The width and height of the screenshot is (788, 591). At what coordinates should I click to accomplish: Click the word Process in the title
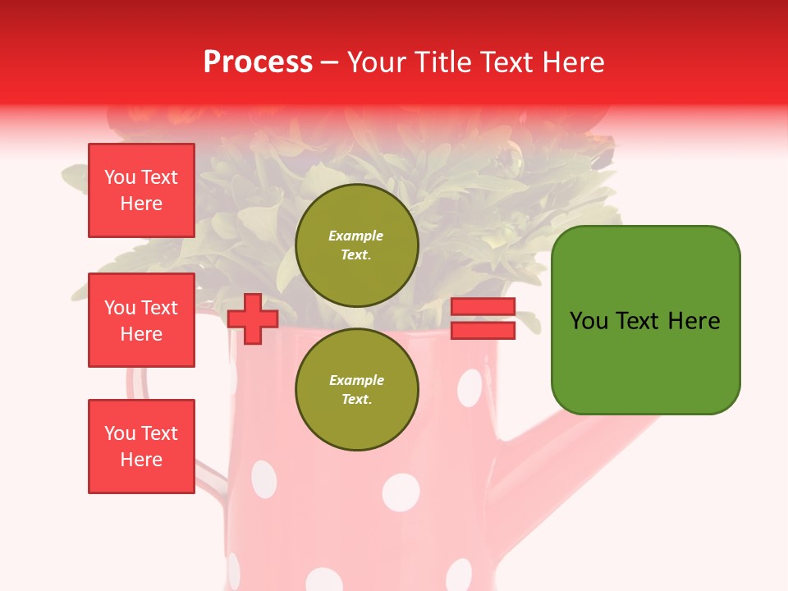258,62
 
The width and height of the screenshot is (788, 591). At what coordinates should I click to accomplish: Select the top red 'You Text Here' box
141,190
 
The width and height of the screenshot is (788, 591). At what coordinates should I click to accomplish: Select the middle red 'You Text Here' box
141,320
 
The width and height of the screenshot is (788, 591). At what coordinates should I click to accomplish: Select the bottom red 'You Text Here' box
141,447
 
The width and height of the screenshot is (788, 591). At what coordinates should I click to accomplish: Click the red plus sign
253,318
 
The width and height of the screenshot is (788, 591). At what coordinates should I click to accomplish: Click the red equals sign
483,318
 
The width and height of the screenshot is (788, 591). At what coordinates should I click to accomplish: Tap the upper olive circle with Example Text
356,245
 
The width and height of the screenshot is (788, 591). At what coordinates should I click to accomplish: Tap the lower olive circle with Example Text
356,390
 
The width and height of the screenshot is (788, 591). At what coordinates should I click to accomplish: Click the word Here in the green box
694,321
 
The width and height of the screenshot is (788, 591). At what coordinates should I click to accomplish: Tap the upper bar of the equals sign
483,307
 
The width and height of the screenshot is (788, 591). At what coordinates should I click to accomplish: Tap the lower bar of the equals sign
483,330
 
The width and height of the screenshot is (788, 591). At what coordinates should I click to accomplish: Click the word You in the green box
589,321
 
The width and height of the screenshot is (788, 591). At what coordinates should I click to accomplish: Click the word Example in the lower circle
356,381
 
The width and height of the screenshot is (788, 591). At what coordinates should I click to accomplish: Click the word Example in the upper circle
356,236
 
